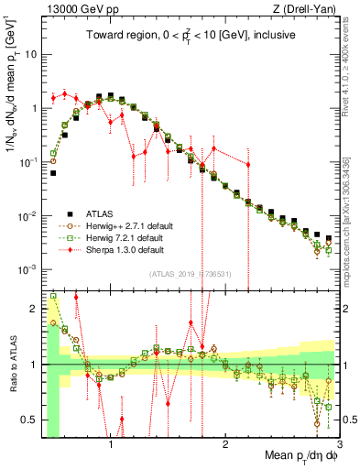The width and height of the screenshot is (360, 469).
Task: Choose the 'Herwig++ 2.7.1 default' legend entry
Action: (124, 224)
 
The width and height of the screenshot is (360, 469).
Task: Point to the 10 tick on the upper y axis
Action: (30, 54)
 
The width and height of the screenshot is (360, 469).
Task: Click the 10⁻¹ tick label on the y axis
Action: (29, 162)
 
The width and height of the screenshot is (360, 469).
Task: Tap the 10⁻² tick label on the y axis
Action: (29, 216)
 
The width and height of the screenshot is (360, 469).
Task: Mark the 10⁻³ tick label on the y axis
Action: (29, 270)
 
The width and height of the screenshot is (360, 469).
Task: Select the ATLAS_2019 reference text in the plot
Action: (191, 275)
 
